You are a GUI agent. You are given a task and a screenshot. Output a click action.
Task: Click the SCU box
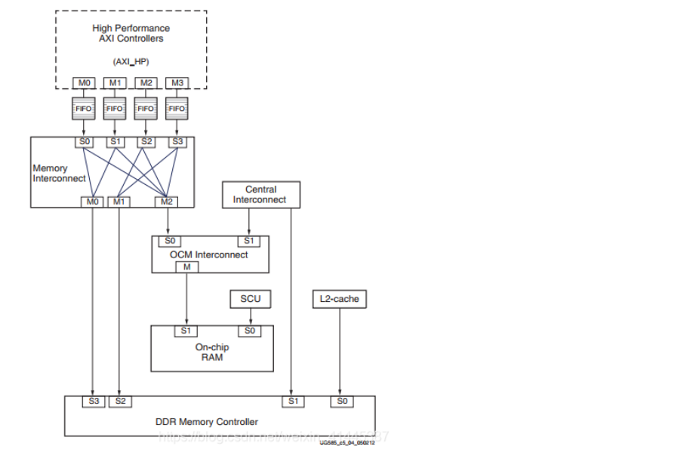(250, 299)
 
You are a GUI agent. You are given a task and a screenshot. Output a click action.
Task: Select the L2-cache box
(339, 299)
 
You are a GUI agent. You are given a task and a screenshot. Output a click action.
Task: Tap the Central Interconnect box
(261, 195)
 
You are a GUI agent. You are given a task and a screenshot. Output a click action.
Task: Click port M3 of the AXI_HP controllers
(176, 82)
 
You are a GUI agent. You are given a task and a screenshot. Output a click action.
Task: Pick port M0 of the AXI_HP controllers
(82, 82)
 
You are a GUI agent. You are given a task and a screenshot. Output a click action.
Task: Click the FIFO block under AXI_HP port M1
(114, 109)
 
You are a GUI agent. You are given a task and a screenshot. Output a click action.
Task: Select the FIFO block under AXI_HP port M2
(145, 109)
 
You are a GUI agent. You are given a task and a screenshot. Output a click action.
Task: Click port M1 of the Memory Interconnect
(119, 202)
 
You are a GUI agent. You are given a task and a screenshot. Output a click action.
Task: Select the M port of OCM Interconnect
(186, 267)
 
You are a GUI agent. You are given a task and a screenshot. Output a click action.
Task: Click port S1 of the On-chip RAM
(186, 331)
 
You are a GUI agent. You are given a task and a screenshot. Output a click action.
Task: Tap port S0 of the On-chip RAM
(250, 331)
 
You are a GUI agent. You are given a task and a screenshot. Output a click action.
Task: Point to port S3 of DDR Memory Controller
(94, 401)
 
